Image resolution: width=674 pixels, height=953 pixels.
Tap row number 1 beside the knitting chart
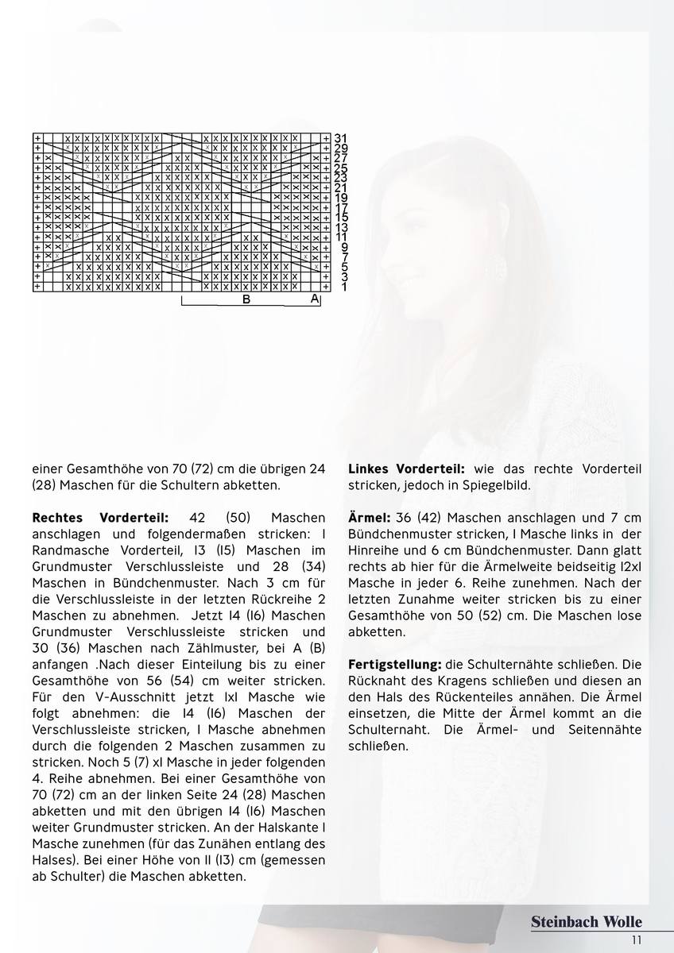pos(344,287)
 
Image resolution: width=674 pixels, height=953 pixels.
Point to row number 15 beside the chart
pos(341,218)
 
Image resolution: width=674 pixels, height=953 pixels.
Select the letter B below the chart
pos(246,300)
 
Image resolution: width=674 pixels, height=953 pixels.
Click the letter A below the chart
pos(315,299)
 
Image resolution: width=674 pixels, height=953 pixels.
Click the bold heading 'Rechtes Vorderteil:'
pos(100,518)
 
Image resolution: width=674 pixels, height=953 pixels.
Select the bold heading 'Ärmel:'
pos(369,518)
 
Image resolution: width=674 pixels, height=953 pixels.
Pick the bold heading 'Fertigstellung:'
pos(394,663)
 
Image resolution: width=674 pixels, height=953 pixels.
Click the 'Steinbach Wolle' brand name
pos(587,922)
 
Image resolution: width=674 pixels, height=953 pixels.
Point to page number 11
pos(637,941)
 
